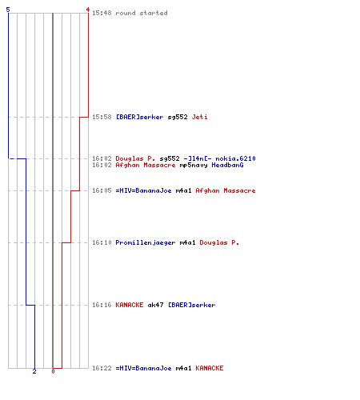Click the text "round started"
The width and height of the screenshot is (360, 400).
tap(142, 13)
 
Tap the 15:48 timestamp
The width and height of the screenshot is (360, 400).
tap(102, 13)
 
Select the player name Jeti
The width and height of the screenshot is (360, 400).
tap(199, 117)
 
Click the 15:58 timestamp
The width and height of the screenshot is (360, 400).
tap(102, 117)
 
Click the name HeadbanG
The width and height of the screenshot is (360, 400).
tap(227, 165)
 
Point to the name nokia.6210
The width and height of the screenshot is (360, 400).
tap(235, 158)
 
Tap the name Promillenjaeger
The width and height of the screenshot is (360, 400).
tap(146, 242)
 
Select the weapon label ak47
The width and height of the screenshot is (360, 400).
tap(155, 305)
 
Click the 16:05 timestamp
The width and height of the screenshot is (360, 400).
tap(102, 190)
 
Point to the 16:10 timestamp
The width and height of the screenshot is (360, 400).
tap(102, 242)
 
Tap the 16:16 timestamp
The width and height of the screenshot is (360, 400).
tap(102, 305)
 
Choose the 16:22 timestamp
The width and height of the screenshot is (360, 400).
tap(102, 368)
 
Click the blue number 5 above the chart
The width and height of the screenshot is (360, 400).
tap(8, 10)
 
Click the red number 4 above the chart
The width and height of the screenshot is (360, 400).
tap(88, 10)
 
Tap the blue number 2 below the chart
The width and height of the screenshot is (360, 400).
tap(34, 371)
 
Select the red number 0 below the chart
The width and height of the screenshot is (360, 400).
tap(53, 371)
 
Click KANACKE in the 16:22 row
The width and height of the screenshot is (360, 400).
tap(210, 368)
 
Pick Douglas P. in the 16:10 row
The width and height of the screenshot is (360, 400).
tap(219, 242)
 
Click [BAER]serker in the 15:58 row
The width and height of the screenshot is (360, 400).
tap(139, 117)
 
